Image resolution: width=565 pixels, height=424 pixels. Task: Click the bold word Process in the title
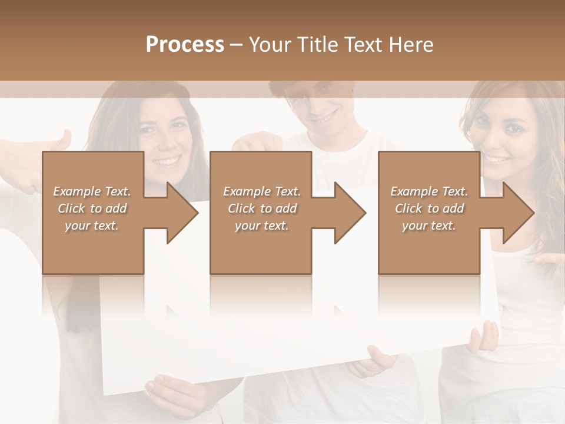click(x=185, y=45)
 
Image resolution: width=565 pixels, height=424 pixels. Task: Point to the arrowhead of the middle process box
click(x=349, y=213)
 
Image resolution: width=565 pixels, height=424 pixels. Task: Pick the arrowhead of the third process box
click(x=517, y=213)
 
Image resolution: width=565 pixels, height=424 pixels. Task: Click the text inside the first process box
click(x=92, y=208)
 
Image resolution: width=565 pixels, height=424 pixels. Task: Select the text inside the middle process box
click(x=262, y=208)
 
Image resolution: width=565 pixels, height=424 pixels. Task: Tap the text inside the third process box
click(x=429, y=208)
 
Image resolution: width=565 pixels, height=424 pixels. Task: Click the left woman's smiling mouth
click(x=167, y=160)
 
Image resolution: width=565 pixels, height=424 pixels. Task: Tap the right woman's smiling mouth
click(x=497, y=158)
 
